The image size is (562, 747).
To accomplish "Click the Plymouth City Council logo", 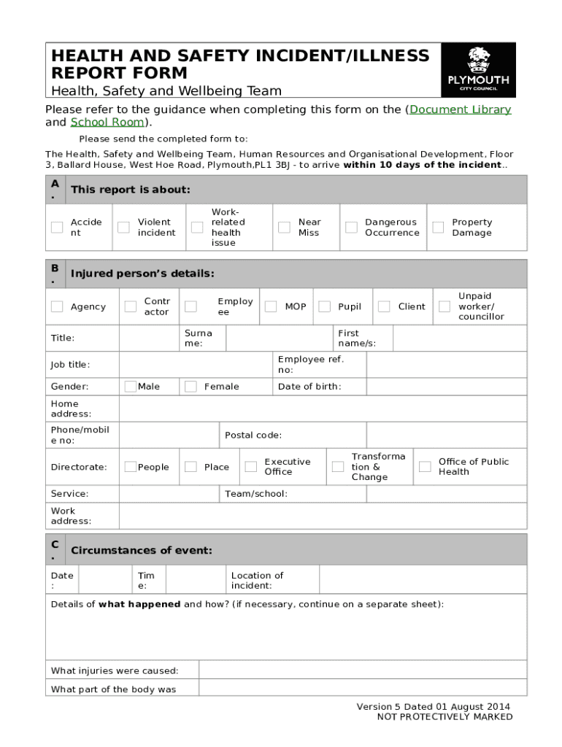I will coord(478,70).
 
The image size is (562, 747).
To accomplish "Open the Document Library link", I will coord(460,109).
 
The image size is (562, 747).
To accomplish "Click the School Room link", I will coord(107,122).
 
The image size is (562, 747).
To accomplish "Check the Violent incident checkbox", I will coord(124,228).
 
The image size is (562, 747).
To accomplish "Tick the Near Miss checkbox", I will coord(284,228).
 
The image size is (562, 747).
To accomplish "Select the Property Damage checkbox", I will coord(438,228).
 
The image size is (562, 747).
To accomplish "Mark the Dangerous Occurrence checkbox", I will coord(351,228).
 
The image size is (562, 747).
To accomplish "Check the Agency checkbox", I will coord(57,306).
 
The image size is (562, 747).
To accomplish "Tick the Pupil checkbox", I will coord(324,306).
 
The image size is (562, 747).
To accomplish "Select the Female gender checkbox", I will coord(190,386).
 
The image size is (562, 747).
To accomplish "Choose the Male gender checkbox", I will coord(130,386).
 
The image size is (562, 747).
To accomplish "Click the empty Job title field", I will coord(195,365).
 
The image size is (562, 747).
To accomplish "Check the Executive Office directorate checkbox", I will coord(250,467).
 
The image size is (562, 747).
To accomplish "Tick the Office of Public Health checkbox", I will coord(425,467).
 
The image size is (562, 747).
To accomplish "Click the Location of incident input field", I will coord(422,580).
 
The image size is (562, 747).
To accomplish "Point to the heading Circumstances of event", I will coord(142,550).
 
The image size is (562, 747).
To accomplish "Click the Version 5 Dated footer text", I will coord(433,706).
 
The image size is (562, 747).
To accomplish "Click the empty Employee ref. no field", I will coord(446,365).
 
